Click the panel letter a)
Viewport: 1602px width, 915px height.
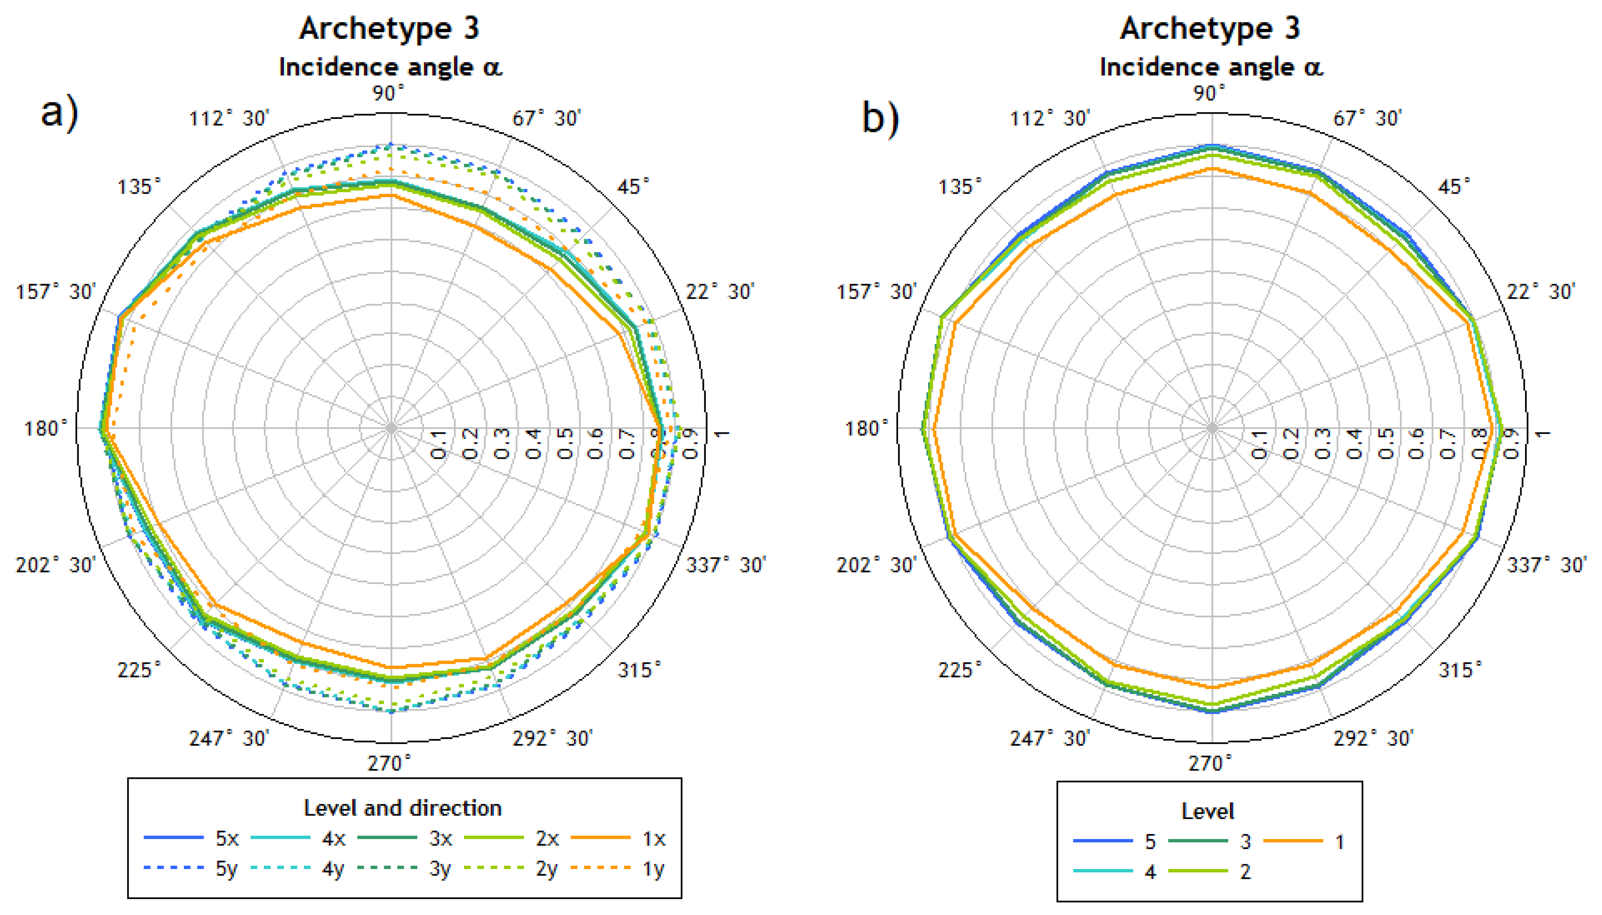tap(60, 113)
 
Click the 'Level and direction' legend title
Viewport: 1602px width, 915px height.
tap(403, 808)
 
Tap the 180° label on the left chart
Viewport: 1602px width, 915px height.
tap(45, 429)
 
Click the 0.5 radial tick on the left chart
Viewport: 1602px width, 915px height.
tap(565, 444)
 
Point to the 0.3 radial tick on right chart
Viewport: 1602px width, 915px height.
tap(1322, 444)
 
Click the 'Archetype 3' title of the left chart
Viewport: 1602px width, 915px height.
tap(389, 28)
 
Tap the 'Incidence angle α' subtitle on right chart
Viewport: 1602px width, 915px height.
tap(1210, 67)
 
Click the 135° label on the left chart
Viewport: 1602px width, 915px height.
tap(139, 187)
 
